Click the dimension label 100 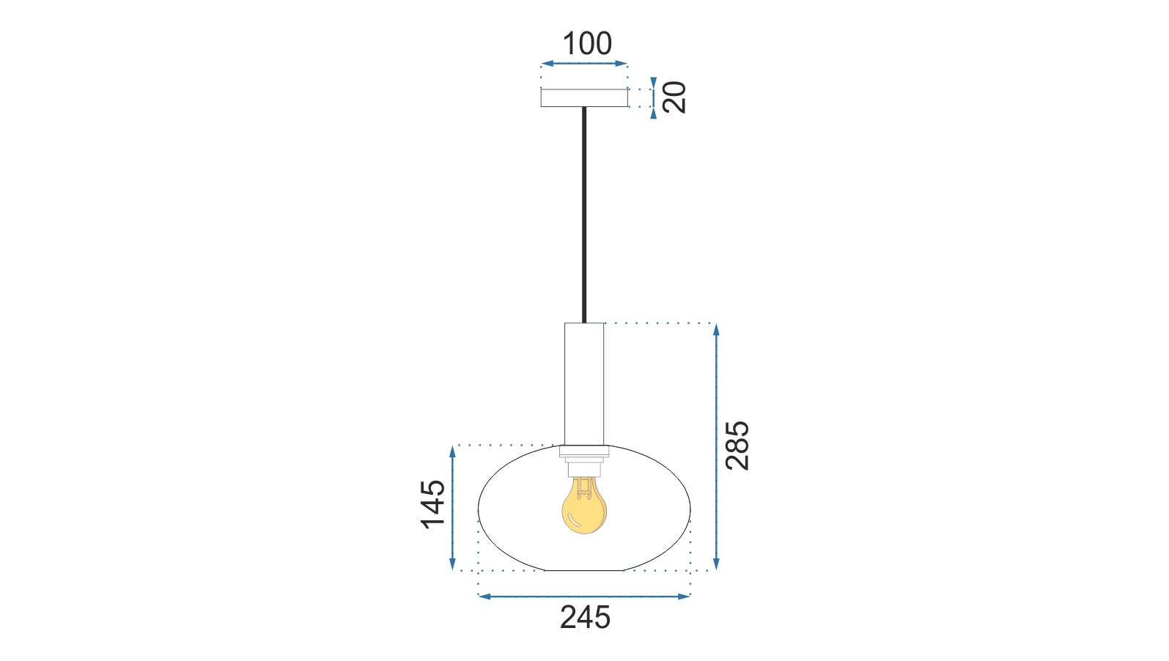point(586,44)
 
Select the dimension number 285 point(737,446)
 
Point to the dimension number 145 point(433,503)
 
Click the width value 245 point(585,618)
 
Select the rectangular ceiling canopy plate point(584,97)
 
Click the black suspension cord point(584,213)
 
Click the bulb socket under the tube point(584,465)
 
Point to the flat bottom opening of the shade point(584,569)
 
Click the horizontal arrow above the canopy point(584,64)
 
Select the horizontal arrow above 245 point(584,597)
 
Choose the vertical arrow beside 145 point(453,507)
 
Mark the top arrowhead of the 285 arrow point(716,329)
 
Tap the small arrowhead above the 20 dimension point(654,82)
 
